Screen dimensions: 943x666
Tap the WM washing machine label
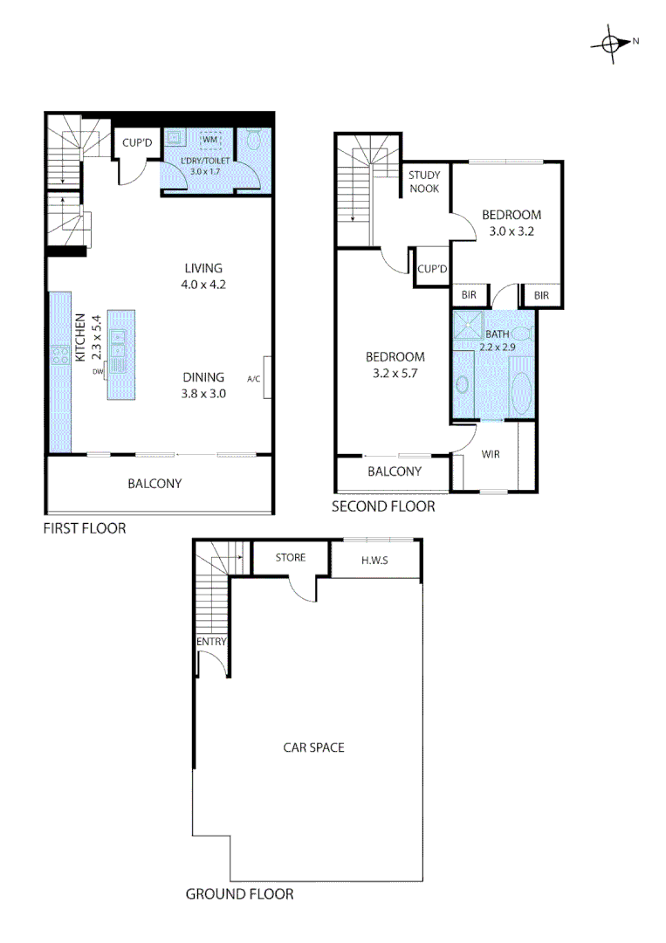[x=209, y=140]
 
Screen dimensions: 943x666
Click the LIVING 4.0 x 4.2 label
[x=203, y=276]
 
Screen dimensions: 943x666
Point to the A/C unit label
[x=254, y=379]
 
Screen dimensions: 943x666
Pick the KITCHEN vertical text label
[x=79, y=338]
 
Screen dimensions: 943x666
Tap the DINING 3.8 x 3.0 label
[x=203, y=385]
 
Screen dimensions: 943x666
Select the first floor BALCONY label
[x=154, y=484]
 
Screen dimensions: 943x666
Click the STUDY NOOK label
[x=424, y=182]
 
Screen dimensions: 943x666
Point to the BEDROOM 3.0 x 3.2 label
[x=512, y=223]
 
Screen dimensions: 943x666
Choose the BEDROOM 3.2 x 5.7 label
[x=395, y=365]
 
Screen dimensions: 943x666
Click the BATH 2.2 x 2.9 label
[x=495, y=341]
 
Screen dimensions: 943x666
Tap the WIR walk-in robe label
[x=491, y=454]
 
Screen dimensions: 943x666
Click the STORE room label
[x=290, y=557]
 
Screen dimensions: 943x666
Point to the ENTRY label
[x=212, y=643]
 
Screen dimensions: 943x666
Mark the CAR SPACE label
[x=313, y=747]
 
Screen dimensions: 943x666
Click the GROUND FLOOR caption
[x=239, y=894]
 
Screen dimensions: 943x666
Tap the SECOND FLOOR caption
[x=382, y=506]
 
